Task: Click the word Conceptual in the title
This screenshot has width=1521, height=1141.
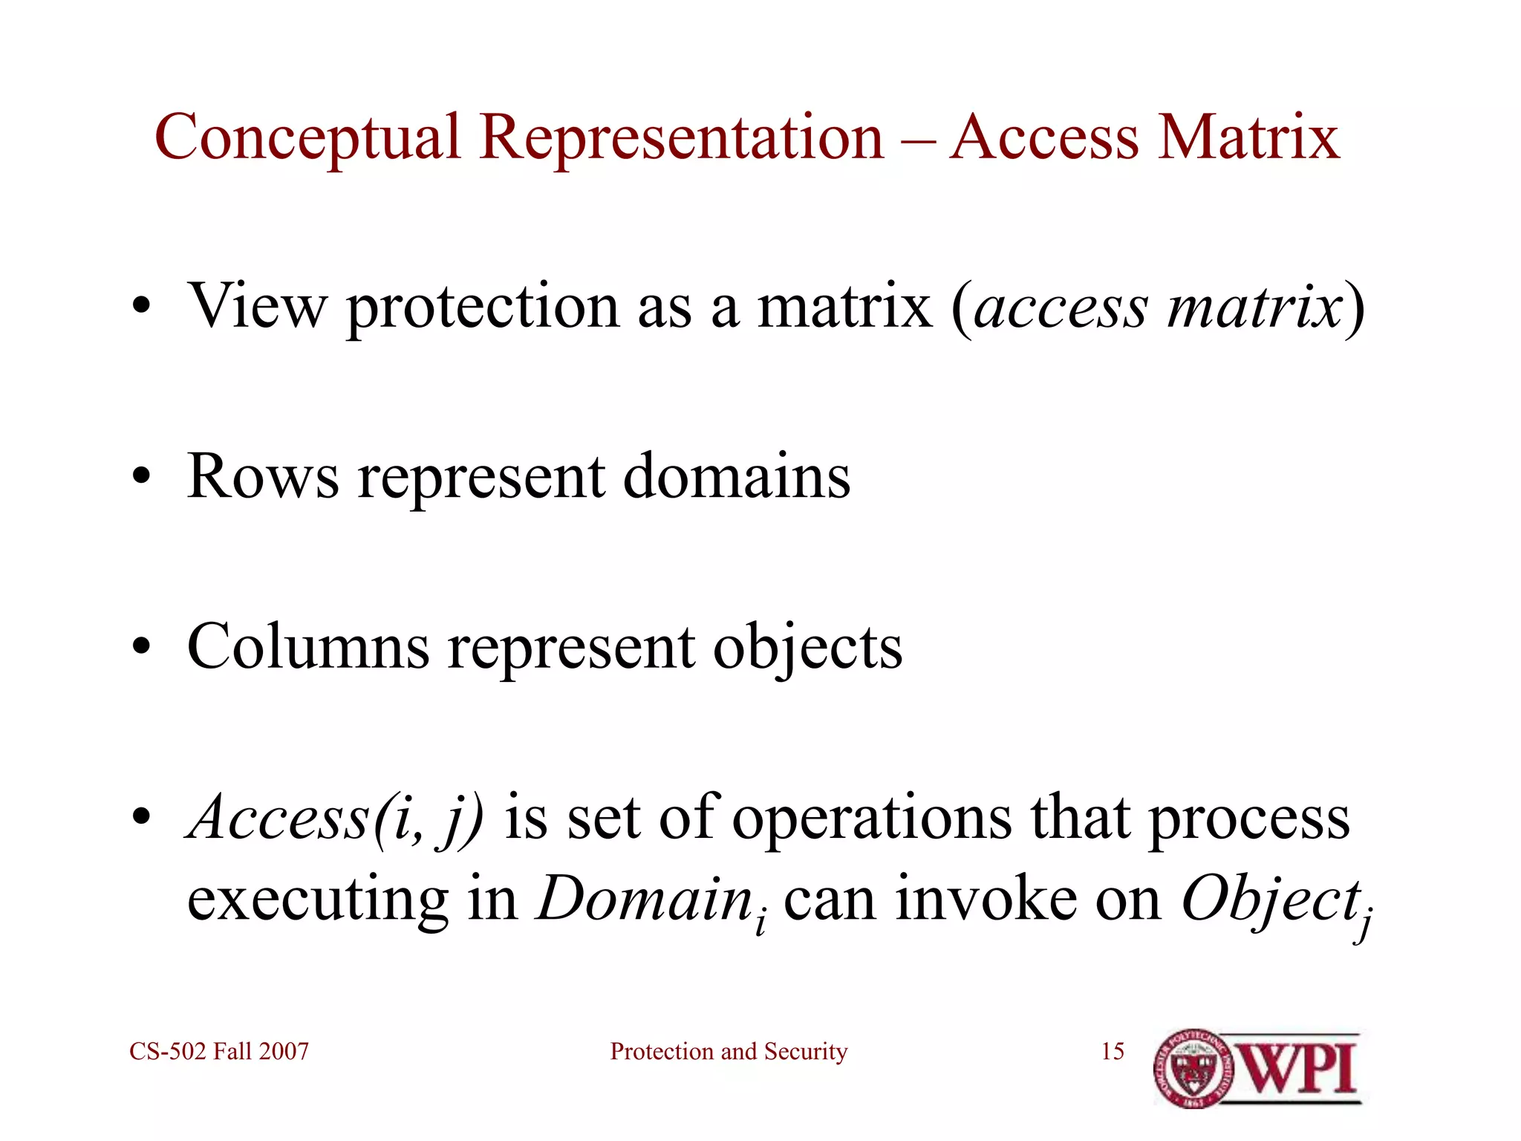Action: click(x=307, y=138)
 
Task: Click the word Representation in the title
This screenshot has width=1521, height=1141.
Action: click(x=682, y=138)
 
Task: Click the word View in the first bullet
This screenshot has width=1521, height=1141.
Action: click(x=257, y=305)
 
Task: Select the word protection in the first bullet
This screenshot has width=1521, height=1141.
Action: click(x=483, y=307)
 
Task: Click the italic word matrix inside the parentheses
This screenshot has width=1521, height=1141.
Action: click(x=1254, y=307)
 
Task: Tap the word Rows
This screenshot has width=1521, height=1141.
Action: click(x=263, y=476)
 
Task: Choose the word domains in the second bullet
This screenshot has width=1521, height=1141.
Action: click(x=736, y=476)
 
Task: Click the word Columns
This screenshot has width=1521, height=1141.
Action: click(x=308, y=647)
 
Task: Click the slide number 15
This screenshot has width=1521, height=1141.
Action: click(x=1112, y=1051)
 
